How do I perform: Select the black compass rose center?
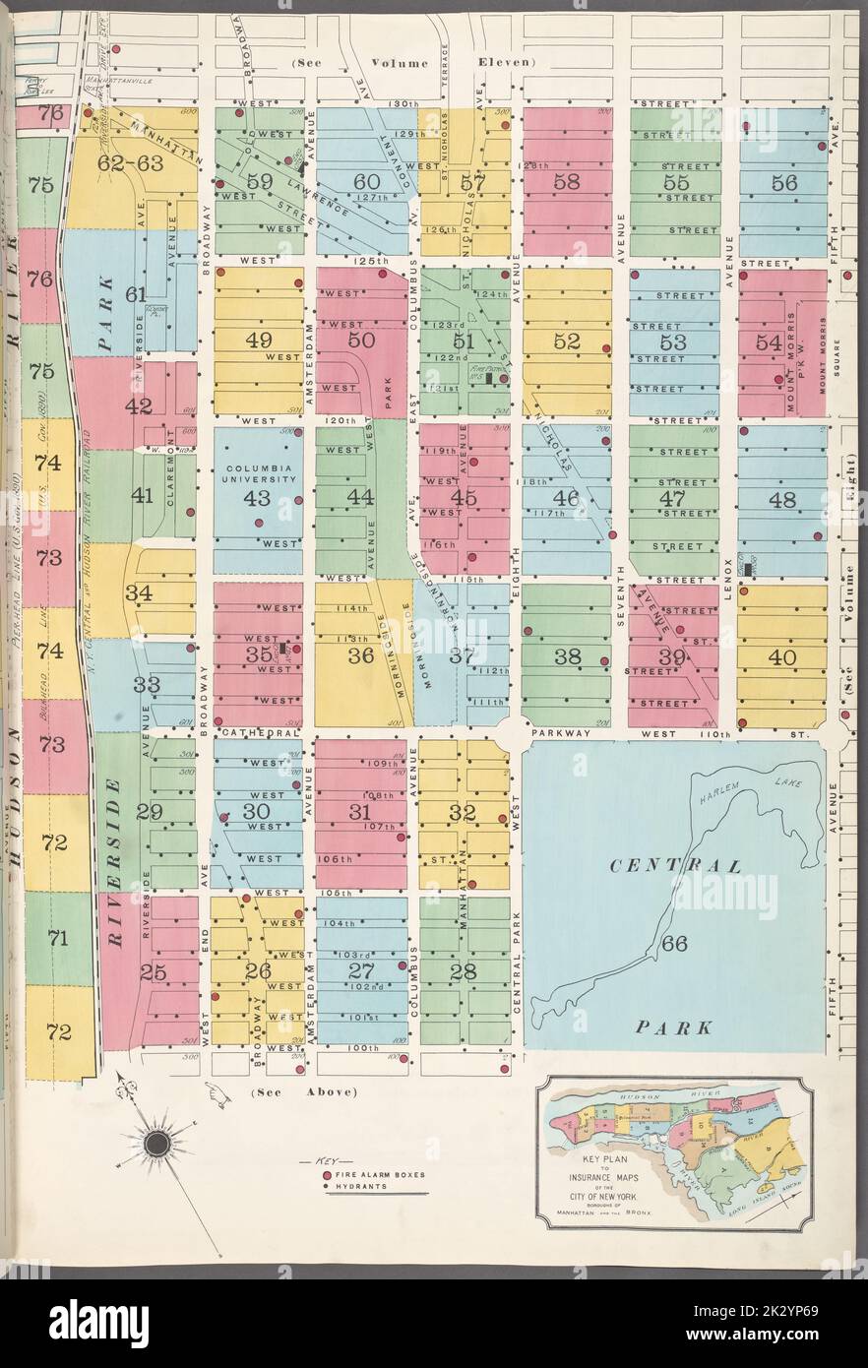click(155, 1143)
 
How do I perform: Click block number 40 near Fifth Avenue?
click(782, 656)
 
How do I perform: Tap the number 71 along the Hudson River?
click(57, 939)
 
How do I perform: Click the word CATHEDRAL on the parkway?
click(259, 733)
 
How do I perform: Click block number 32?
click(463, 813)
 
